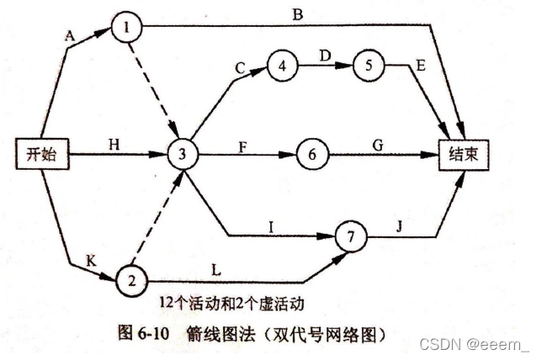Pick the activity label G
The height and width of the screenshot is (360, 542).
[377, 145]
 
